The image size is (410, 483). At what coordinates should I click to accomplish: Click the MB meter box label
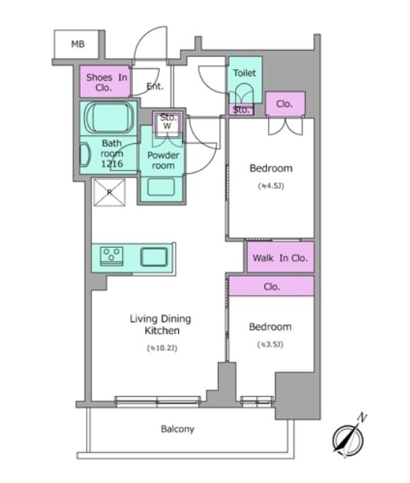(x=78, y=44)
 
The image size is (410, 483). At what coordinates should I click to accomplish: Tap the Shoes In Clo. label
(x=107, y=82)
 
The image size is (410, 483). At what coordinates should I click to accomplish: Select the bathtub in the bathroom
(x=109, y=118)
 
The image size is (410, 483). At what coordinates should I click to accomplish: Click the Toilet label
(x=244, y=73)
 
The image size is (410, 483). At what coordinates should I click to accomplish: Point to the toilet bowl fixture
(x=243, y=94)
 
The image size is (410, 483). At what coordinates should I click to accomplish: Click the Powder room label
(x=163, y=160)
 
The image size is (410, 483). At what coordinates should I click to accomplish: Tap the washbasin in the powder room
(x=160, y=187)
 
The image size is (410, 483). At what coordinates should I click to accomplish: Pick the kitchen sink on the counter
(x=154, y=257)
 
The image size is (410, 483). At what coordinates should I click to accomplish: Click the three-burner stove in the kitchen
(x=111, y=256)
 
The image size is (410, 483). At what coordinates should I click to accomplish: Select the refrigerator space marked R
(x=110, y=192)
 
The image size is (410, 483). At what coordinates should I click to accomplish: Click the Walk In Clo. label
(x=280, y=258)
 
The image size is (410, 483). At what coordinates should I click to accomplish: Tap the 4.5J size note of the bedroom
(x=271, y=186)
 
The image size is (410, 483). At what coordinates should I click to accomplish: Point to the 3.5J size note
(x=270, y=344)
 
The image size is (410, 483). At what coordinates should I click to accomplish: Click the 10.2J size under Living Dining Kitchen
(x=162, y=348)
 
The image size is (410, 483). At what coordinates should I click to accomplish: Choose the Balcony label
(x=177, y=429)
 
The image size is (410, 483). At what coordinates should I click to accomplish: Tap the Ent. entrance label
(x=155, y=87)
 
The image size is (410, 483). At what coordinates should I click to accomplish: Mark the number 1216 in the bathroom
(x=112, y=164)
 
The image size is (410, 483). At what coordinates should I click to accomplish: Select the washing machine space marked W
(x=167, y=126)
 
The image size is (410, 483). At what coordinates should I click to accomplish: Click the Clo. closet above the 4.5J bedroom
(x=284, y=104)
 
